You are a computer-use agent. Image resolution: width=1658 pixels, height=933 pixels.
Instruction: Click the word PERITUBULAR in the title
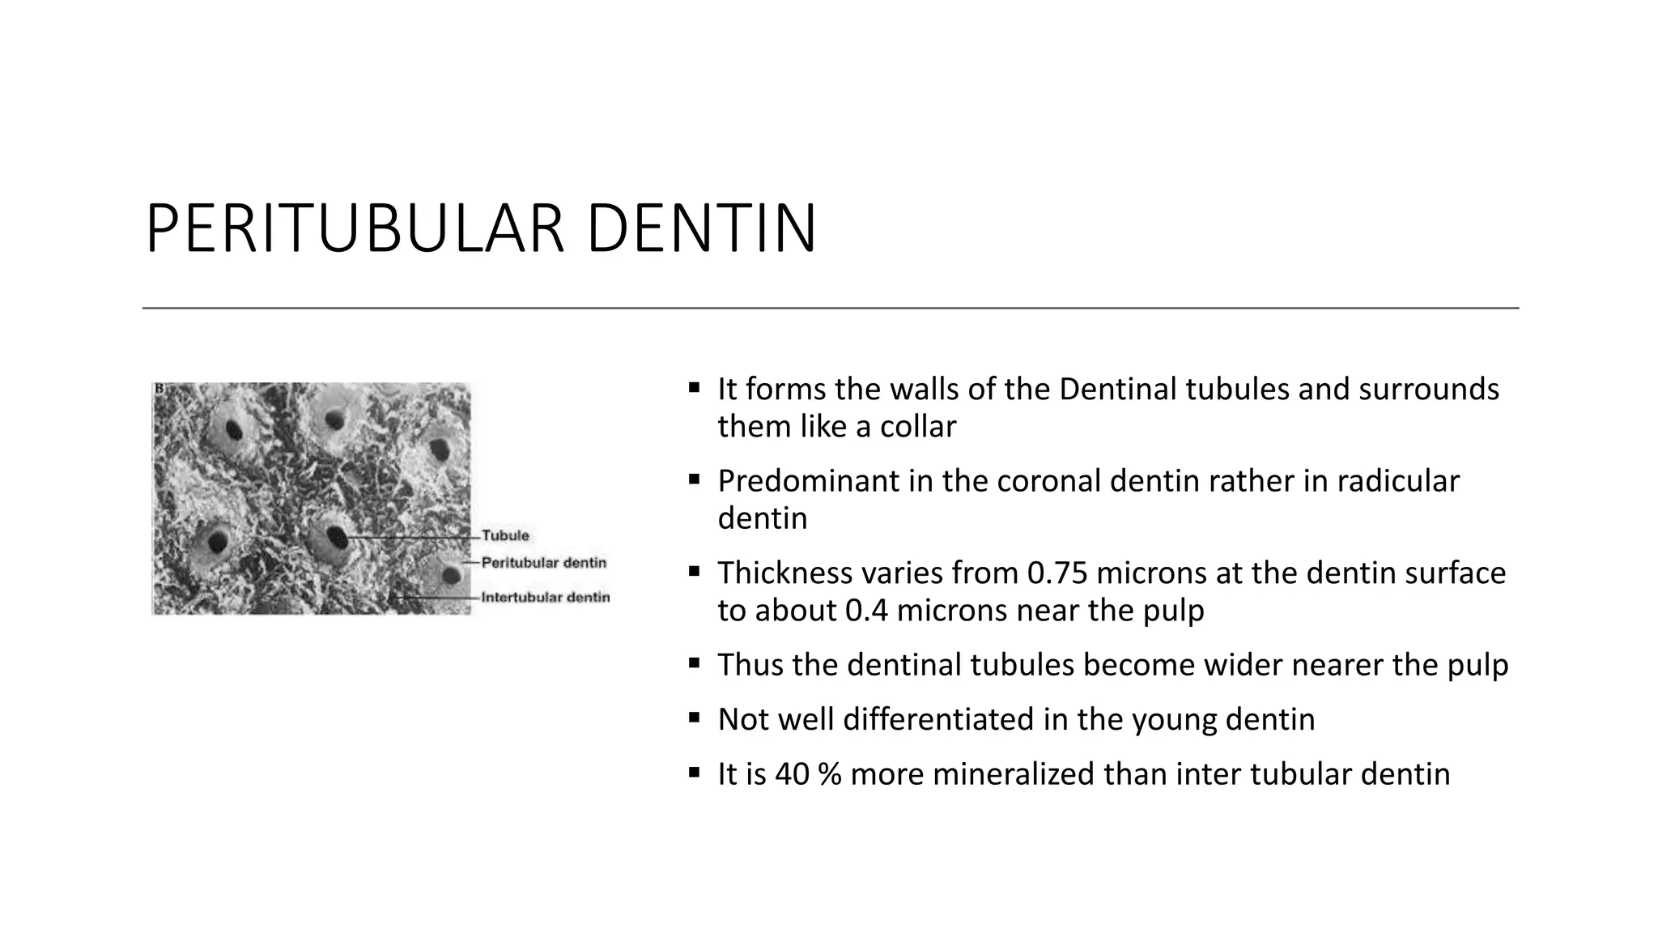pyautogui.click(x=354, y=230)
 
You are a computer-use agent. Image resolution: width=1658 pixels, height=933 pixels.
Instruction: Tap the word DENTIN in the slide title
pyautogui.click(x=700, y=230)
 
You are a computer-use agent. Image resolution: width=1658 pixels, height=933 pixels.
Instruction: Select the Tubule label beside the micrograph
pyautogui.click(x=505, y=535)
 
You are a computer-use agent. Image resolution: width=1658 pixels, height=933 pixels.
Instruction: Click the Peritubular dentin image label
pyautogui.click(x=543, y=562)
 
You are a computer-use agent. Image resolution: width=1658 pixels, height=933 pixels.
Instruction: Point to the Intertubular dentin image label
pyautogui.click(x=545, y=598)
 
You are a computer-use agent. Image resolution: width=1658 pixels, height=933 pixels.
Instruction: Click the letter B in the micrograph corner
pyautogui.click(x=159, y=390)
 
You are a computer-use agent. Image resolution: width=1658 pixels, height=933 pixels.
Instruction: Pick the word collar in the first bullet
pyautogui.click(x=918, y=426)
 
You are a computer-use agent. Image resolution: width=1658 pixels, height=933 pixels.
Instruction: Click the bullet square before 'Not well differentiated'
pyautogui.click(x=694, y=718)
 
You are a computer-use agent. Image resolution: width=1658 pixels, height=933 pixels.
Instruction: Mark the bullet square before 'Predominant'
pyautogui.click(x=694, y=479)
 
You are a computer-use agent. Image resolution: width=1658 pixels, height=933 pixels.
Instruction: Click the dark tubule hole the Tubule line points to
pyautogui.click(x=337, y=536)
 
